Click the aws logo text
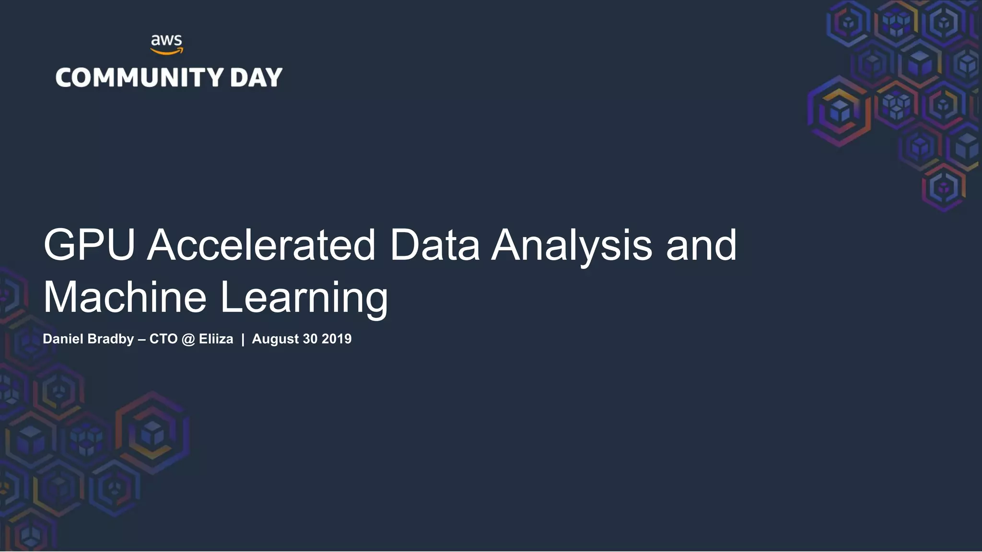(x=166, y=40)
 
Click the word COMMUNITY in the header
(x=140, y=78)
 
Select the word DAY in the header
(x=256, y=78)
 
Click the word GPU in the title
(x=89, y=245)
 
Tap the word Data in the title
(x=434, y=245)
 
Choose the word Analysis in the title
(x=572, y=246)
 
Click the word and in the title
(x=701, y=245)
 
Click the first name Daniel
(x=63, y=339)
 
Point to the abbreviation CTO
(x=164, y=339)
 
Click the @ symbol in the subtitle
(x=188, y=339)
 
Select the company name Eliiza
(x=216, y=339)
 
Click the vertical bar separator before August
(x=243, y=339)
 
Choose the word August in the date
(x=275, y=339)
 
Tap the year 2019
(x=337, y=339)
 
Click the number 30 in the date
(x=310, y=339)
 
